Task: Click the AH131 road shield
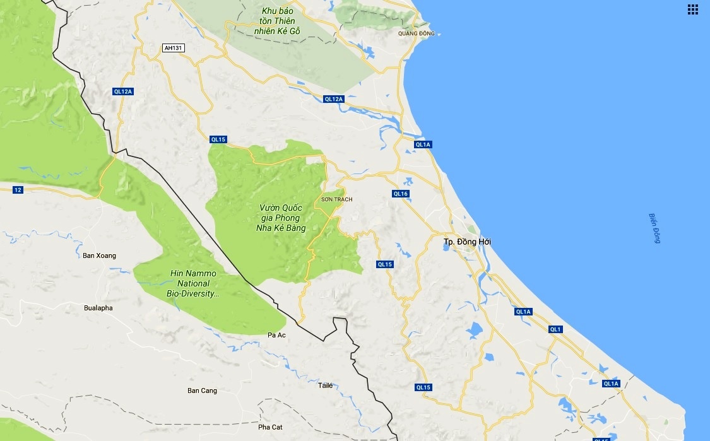[x=173, y=48]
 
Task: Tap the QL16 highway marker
[x=401, y=194]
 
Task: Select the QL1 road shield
[x=555, y=329]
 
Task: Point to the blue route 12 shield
[x=17, y=190]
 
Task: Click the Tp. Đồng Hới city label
[x=467, y=242]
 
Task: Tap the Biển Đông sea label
[x=654, y=228]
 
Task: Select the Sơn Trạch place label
[x=337, y=199]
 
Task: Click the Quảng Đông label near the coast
[x=417, y=33]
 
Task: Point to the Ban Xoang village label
[x=100, y=256]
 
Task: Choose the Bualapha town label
[x=98, y=308]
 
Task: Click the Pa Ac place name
[x=277, y=334]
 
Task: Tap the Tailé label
[x=325, y=385]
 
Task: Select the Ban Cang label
[x=202, y=391]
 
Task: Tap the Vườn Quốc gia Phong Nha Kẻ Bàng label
[x=281, y=218]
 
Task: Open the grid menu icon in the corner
[x=693, y=9]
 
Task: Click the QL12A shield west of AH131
[x=122, y=91]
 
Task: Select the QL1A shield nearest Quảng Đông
[x=422, y=144]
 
